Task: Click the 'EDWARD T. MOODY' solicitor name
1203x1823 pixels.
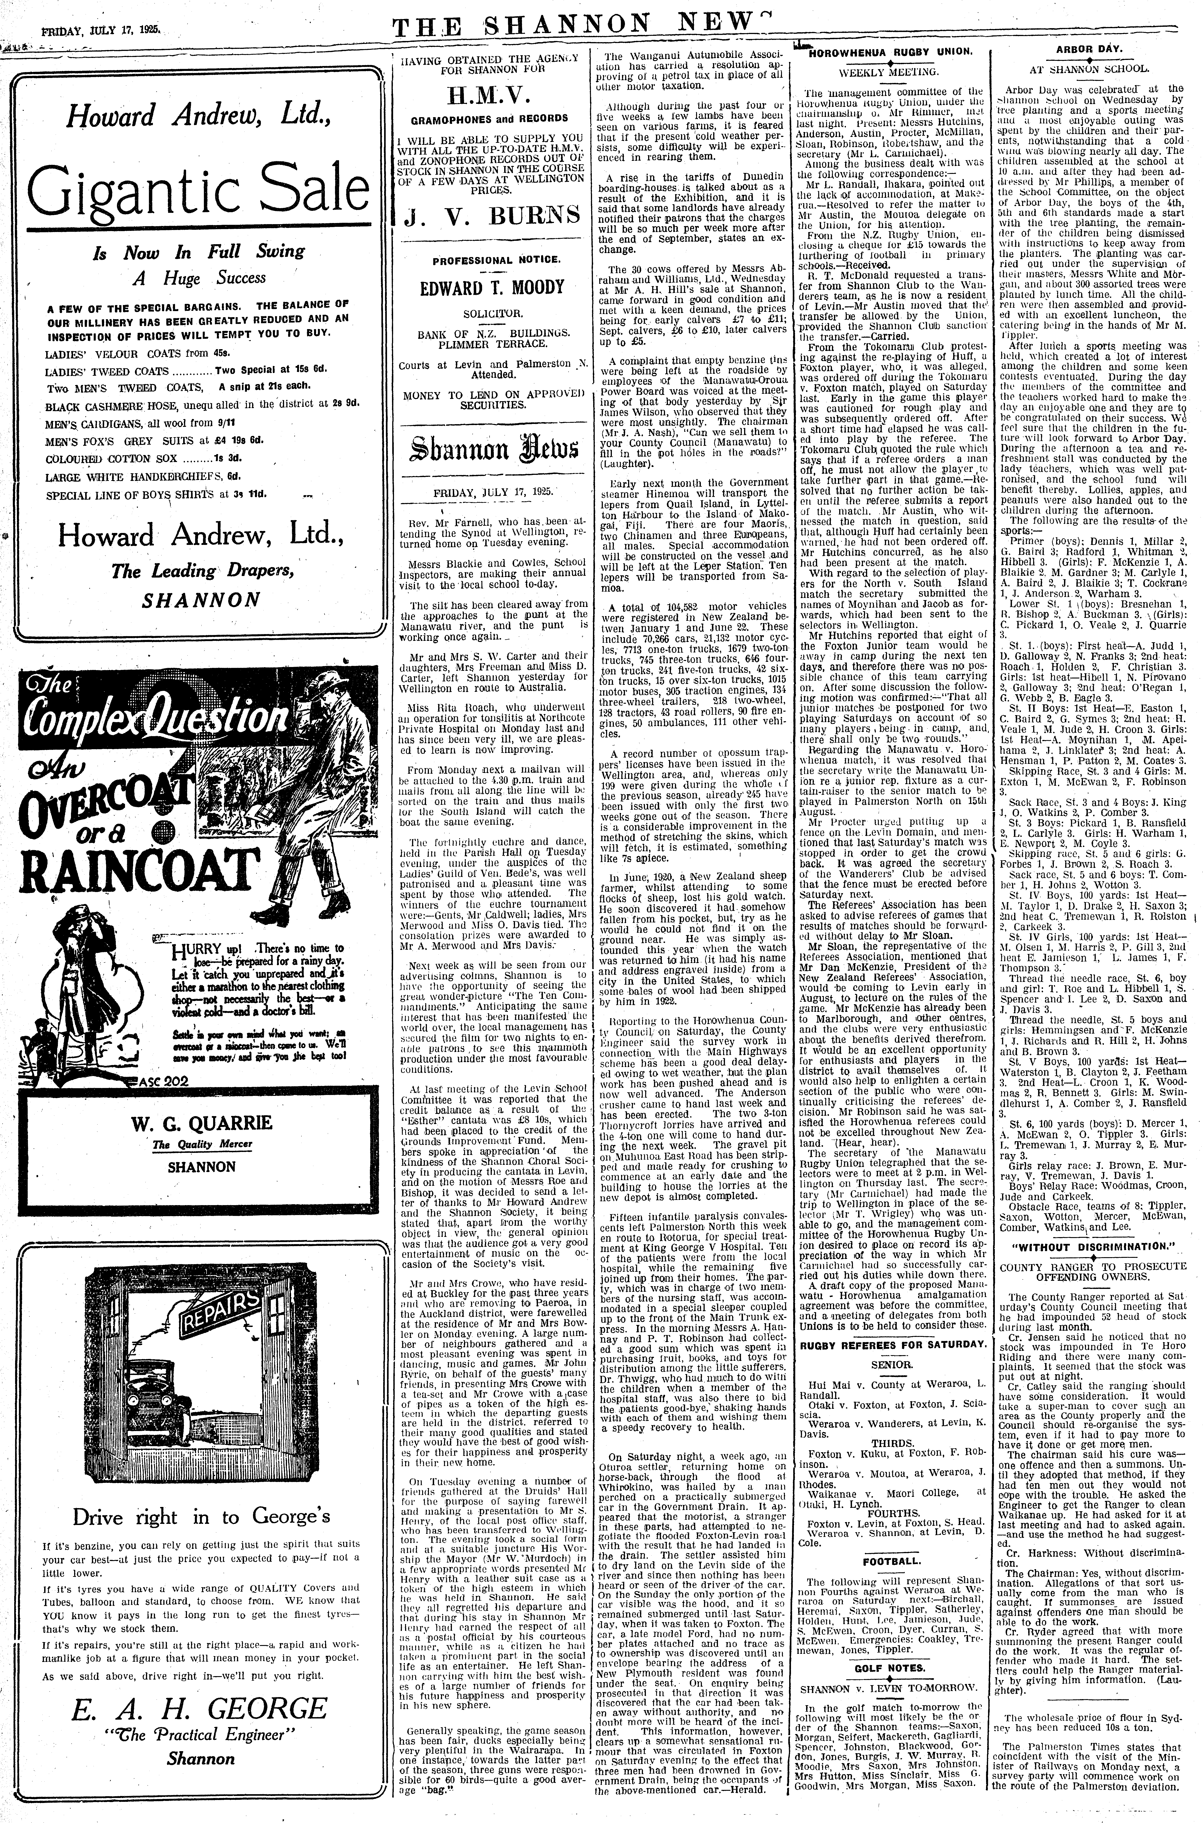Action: tap(491, 288)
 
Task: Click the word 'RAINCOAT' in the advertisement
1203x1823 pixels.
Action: tap(127, 864)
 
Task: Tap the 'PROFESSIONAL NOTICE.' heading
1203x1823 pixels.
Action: tap(491, 261)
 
